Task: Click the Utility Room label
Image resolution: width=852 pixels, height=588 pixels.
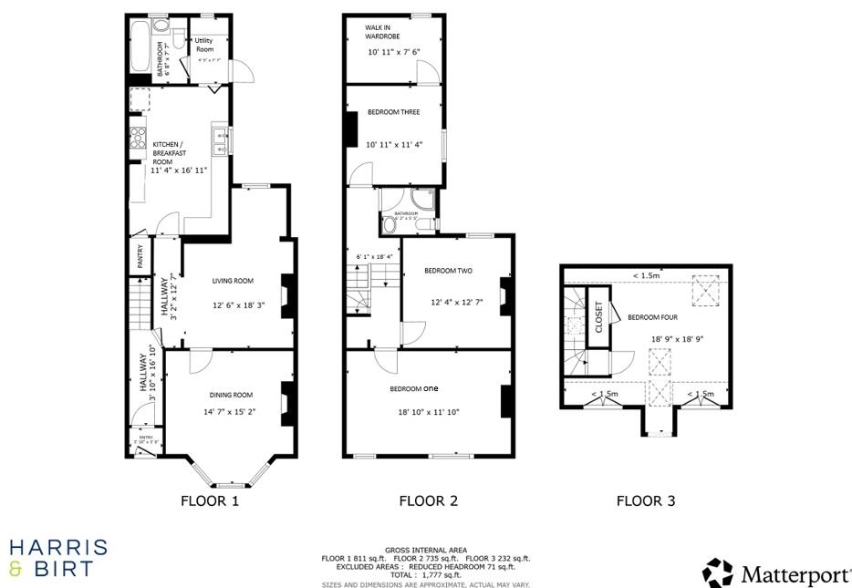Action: coord(203,45)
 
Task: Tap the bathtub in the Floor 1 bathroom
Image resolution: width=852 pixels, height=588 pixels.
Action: coord(140,46)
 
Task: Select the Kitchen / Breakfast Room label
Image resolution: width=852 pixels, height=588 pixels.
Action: coord(169,152)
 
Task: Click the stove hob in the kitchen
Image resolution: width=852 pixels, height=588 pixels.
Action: coord(139,138)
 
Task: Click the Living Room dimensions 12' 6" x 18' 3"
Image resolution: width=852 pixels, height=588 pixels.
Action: coord(238,305)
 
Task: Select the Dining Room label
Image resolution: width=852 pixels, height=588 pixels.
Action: coord(231,395)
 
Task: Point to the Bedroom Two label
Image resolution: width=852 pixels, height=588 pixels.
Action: coord(448,271)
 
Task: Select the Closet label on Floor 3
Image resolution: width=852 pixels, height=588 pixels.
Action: coord(599,324)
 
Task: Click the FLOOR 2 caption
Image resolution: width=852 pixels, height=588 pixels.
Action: coord(428,500)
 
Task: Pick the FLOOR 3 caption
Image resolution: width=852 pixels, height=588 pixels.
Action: coord(645,500)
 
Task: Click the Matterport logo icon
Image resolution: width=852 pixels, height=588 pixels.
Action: coord(718,573)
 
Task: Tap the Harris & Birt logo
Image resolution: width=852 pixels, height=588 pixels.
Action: coord(57,558)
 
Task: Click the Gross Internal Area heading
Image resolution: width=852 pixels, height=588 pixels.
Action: coord(426,551)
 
